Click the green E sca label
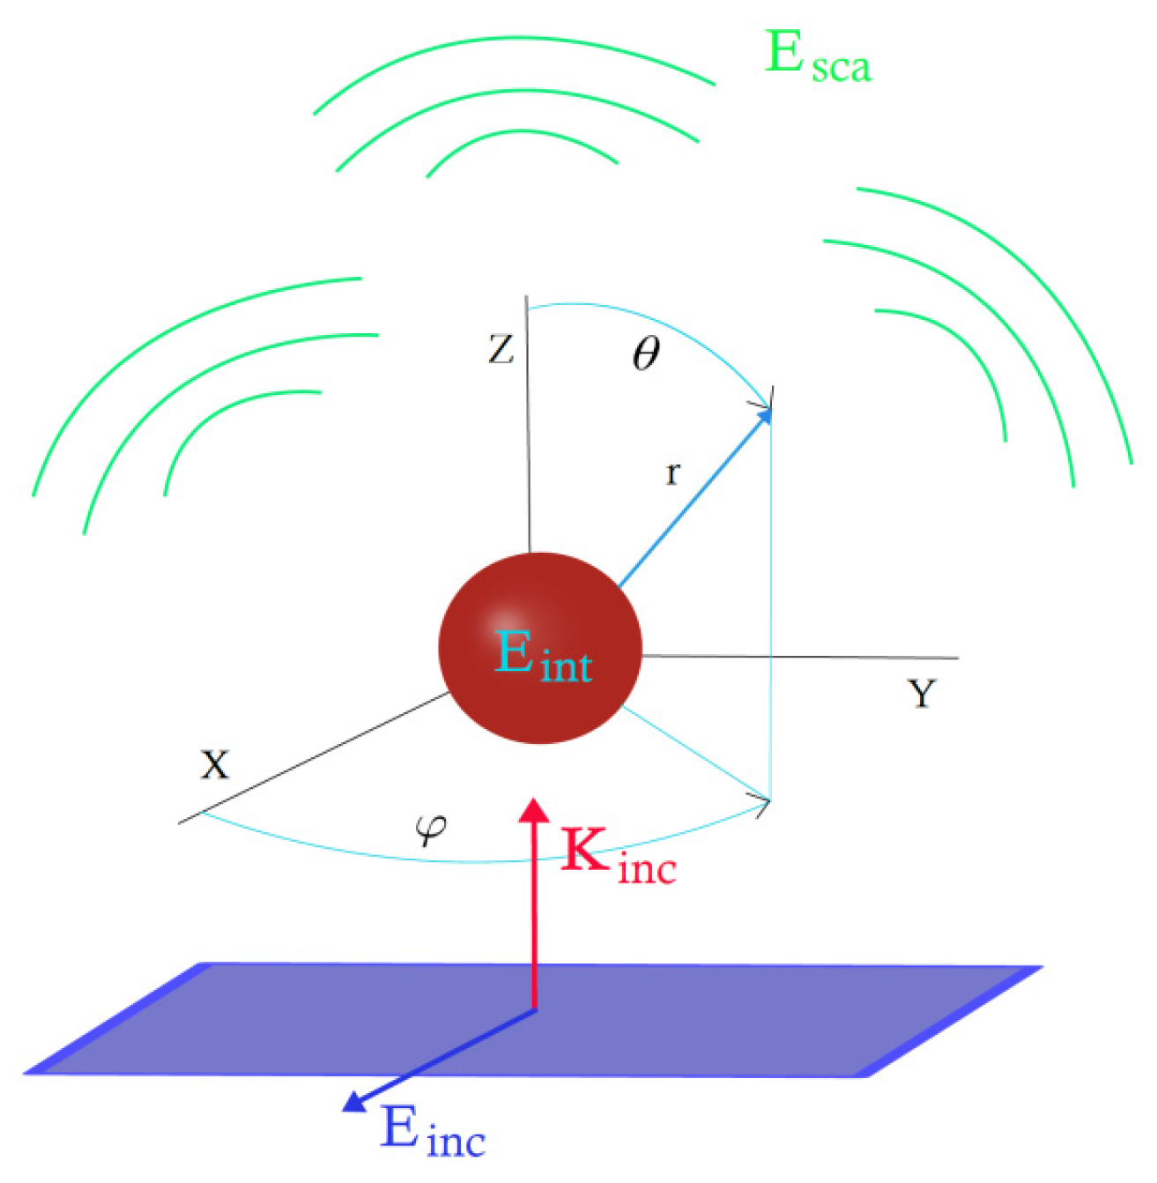tap(818, 57)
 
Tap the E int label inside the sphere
tap(542, 656)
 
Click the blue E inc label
tap(433, 1132)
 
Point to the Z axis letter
tap(501, 350)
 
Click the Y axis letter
tap(922, 695)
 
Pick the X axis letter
tap(214, 764)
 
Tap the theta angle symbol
tap(646, 354)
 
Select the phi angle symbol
tap(431, 828)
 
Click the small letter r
tap(672, 474)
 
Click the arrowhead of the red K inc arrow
tap(533, 809)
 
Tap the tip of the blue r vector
tap(768, 411)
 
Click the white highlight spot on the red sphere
tap(506, 617)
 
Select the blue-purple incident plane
tap(705, 1023)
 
